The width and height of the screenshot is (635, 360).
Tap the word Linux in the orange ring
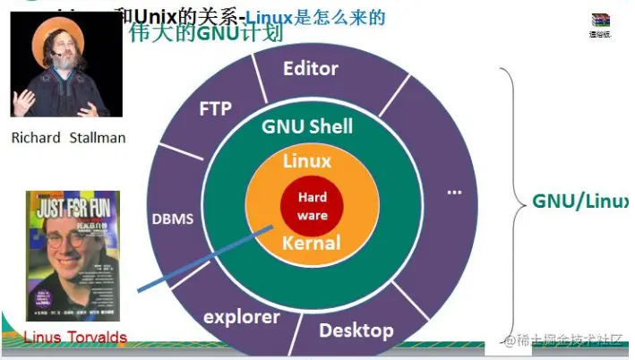(x=307, y=162)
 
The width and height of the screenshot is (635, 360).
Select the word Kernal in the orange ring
(x=311, y=243)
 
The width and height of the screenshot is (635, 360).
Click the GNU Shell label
(x=307, y=127)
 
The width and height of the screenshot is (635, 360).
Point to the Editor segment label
(x=310, y=69)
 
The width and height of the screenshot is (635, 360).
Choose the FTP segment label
(x=214, y=109)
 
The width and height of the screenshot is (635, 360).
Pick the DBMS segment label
(x=172, y=219)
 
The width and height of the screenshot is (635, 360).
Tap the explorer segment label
(x=242, y=316)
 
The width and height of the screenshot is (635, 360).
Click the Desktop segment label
(x=356, y=330)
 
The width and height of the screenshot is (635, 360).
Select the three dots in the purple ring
(x=453, y=192)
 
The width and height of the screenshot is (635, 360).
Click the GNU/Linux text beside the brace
(x=580, y=201)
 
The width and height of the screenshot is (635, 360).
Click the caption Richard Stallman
(x=68, y=138)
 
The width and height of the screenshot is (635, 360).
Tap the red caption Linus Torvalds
(x=75, y=337)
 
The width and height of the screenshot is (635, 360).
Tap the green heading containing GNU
(x=205, y=34)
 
